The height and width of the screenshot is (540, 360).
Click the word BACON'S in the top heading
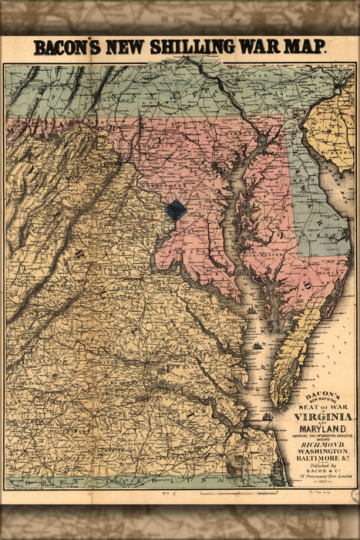tap(69, 48)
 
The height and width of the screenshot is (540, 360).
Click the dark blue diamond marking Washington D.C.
tap(177, 209)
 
